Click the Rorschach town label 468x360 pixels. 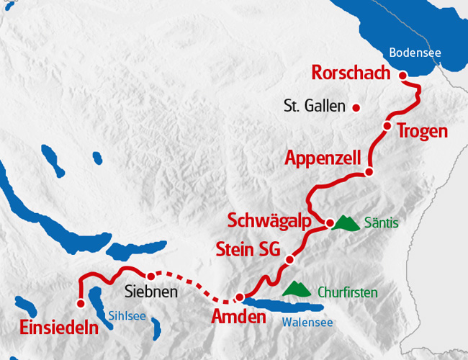tap(351, 73)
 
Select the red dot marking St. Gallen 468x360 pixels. tap(356, 108)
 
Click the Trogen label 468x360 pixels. tap(422, 132)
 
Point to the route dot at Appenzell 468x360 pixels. tap(369, 172)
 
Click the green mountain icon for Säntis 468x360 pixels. tap(346, 222)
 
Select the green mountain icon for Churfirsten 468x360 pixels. tap(296, 289)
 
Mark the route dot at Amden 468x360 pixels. tap(239, 297)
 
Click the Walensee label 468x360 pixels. tap(307, 322)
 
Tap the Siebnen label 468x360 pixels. tap(151, 294)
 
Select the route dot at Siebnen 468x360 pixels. tap(150, 276)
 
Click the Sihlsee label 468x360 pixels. tap(126, 315)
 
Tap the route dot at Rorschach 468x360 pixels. tap(402, 75)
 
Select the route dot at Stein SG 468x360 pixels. tap(289, 259)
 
